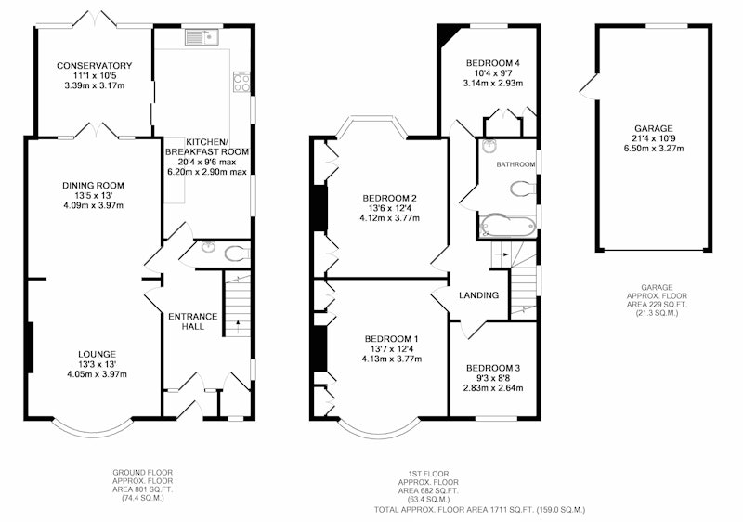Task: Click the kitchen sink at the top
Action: click(202, 37)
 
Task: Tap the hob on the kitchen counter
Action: click(241, 83)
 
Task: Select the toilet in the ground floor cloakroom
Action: click(237, 254)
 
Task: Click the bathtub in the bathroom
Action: click(507, 226)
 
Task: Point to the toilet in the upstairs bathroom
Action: click(523, 188)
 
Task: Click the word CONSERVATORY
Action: click(95, 65)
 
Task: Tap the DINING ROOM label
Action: click(94, 185)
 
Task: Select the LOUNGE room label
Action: click(98, 354)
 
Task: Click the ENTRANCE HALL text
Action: click(193, 321)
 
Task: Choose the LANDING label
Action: click(478, 295)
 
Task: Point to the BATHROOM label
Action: click(515, 164)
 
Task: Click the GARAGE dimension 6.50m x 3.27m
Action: click(654, 149)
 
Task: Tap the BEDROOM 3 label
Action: click(493, 368)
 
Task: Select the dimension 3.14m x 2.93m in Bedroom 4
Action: click(493, 84)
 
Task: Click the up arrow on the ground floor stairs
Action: click(237, 325)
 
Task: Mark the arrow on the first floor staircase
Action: click(502, 254)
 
